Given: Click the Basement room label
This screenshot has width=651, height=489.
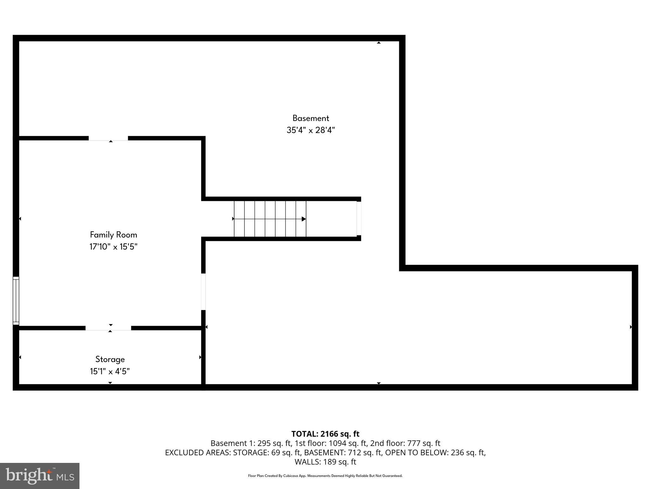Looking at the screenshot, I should pyautogui.click(x=311, y=118).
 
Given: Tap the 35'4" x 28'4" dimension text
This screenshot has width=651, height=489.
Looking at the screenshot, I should pyautogui.click(x=311, y=130).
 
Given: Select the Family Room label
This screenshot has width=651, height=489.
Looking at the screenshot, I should pyautogui.click(x=113, y=235).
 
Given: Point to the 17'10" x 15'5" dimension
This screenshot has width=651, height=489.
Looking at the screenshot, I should pyautogui.click(x=113, y=247).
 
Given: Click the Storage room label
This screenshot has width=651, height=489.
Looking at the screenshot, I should pyautogui.click(x=110, y=359).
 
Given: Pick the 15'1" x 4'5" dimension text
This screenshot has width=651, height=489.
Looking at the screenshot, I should pyautogui.click(x=110, y=372).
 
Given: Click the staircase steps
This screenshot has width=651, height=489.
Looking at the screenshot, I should pyautogui.click(x=270, y=219).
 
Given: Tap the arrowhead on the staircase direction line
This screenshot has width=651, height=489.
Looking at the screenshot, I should pyautogui.click(x=304, y=219).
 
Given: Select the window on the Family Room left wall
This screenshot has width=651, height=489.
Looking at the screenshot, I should pyautogui.click(x=16, y=301).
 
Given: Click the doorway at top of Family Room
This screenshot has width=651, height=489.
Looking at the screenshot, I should pyautogui.click(x=108, y=138).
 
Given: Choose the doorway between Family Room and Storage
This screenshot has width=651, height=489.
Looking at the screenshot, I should pyautogui.click(x=108, y=328).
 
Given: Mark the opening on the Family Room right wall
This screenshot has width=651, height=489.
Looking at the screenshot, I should pyautogui.click(x=203, y=292).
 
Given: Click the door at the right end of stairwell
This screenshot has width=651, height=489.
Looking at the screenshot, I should pyautogui.click(x=359, y=218).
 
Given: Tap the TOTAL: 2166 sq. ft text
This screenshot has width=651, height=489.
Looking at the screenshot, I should pyautogui.click(x=325, y=434).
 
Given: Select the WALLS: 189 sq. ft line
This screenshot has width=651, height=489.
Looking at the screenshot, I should pyautogui.click(x=325, y=462).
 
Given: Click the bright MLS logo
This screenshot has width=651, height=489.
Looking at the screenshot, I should pyautogui.click(x=40, y=476).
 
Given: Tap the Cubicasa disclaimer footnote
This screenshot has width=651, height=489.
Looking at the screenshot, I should pyautogui.click(x=325, y=476).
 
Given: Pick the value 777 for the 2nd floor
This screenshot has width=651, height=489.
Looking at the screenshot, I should pyautogui.click(x=413, y=443).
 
